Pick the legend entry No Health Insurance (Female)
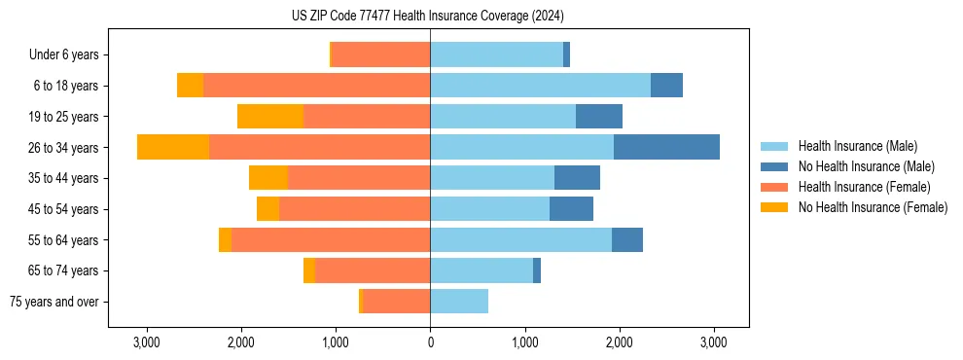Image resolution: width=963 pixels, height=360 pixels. tap(873, 207)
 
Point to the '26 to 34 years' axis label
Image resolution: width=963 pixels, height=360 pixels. tap(65, 148)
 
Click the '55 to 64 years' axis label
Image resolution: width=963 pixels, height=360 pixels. tap(65, 240)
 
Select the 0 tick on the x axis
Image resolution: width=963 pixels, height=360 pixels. tap(430, 342)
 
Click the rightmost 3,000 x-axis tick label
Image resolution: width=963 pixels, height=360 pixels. tap(714, 342)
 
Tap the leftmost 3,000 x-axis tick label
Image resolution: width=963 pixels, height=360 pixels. tap(146, 342)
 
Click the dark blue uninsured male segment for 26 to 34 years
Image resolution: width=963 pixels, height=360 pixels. tap(666, 147)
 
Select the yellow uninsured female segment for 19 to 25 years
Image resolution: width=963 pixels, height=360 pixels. tap(270, 117)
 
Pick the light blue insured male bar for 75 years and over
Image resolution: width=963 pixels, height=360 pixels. tap(459, 302)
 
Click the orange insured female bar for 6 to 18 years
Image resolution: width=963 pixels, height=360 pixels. tap(316, 86)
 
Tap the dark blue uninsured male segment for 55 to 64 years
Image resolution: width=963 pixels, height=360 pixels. tap(627, 240)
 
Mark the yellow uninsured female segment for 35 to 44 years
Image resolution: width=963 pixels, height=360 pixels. tap(268, 178)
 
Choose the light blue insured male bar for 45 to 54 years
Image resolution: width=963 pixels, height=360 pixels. tap(489, 209)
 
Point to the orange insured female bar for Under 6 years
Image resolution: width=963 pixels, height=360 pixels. tap(381, 55)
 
